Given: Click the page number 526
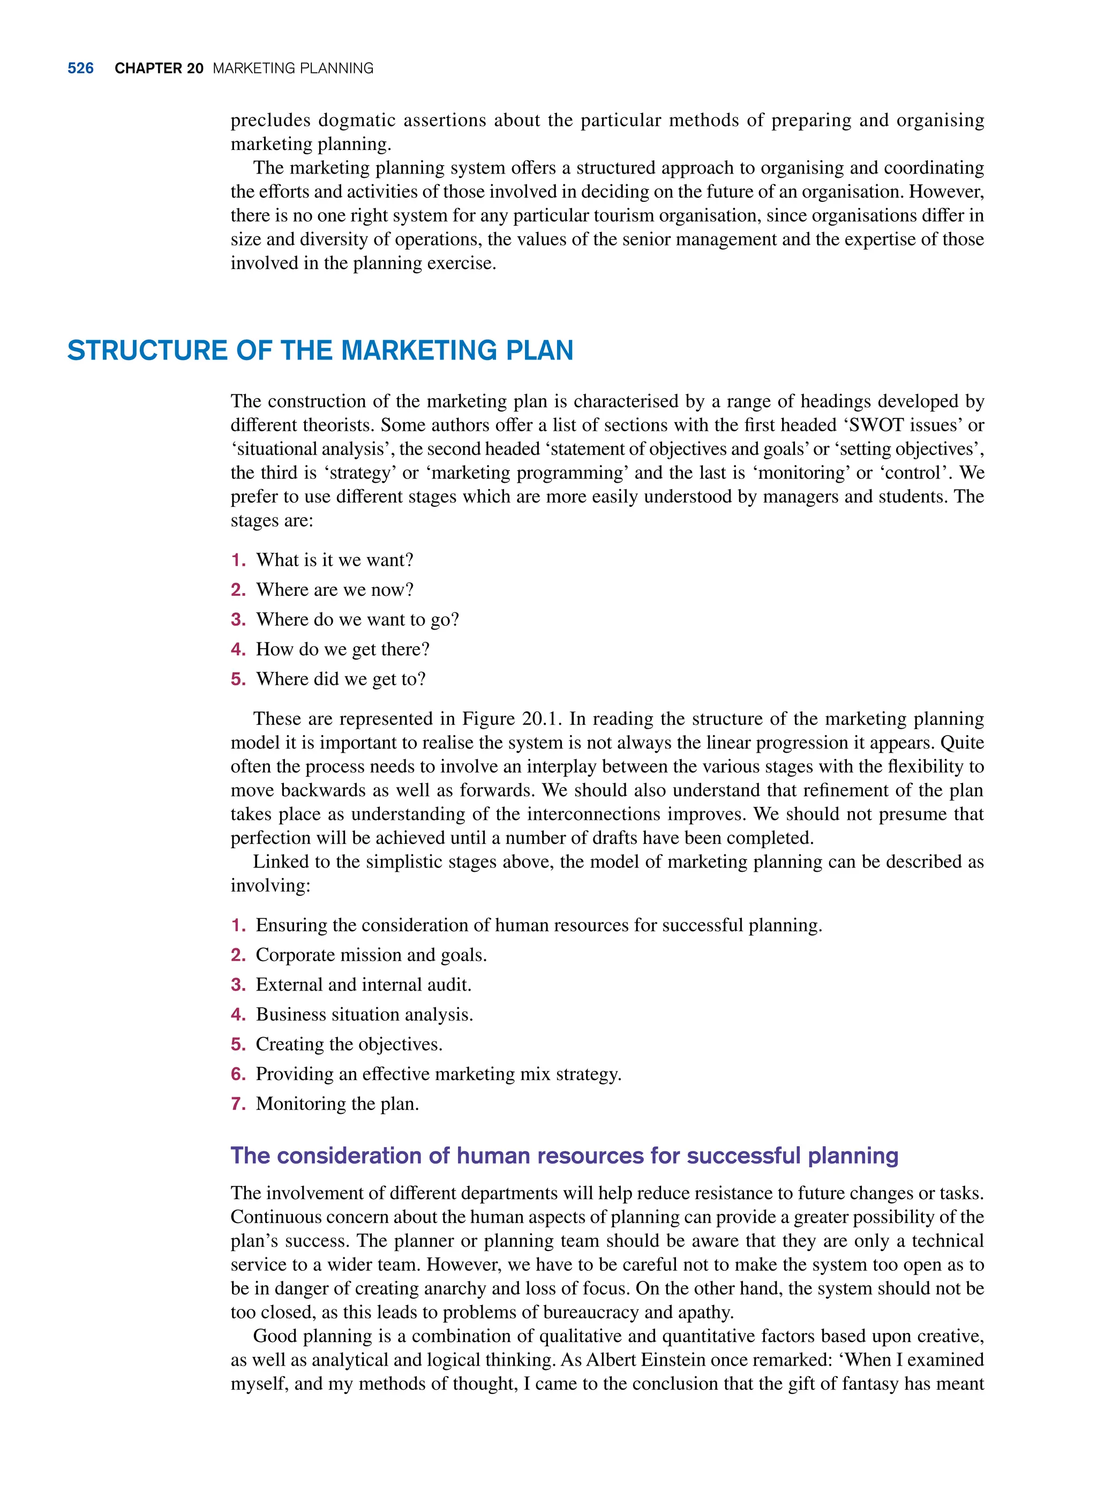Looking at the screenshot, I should pos(80,69).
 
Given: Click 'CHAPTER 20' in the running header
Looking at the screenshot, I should pos(159,69).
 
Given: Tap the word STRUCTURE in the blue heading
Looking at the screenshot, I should pos(147,351).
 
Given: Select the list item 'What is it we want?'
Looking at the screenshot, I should pos(334,560).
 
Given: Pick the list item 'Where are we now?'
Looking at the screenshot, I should pos(335,590).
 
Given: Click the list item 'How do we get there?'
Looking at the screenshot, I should pos(343,649).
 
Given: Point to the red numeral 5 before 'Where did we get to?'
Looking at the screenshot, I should pos(237,679).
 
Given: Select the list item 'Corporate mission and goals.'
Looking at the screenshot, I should pos(371,955).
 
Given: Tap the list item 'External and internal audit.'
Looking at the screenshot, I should pos(363,985).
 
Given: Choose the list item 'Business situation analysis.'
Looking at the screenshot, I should pos(365,1015).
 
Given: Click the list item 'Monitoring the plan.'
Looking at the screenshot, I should pos(337,1104).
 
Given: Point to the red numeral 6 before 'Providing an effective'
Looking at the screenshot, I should pos(237,1074).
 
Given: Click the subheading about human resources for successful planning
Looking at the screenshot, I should pos(564,1156).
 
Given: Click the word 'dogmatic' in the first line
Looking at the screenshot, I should pos(357,121).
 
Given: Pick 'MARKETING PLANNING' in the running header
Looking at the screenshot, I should pos(293,69).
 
